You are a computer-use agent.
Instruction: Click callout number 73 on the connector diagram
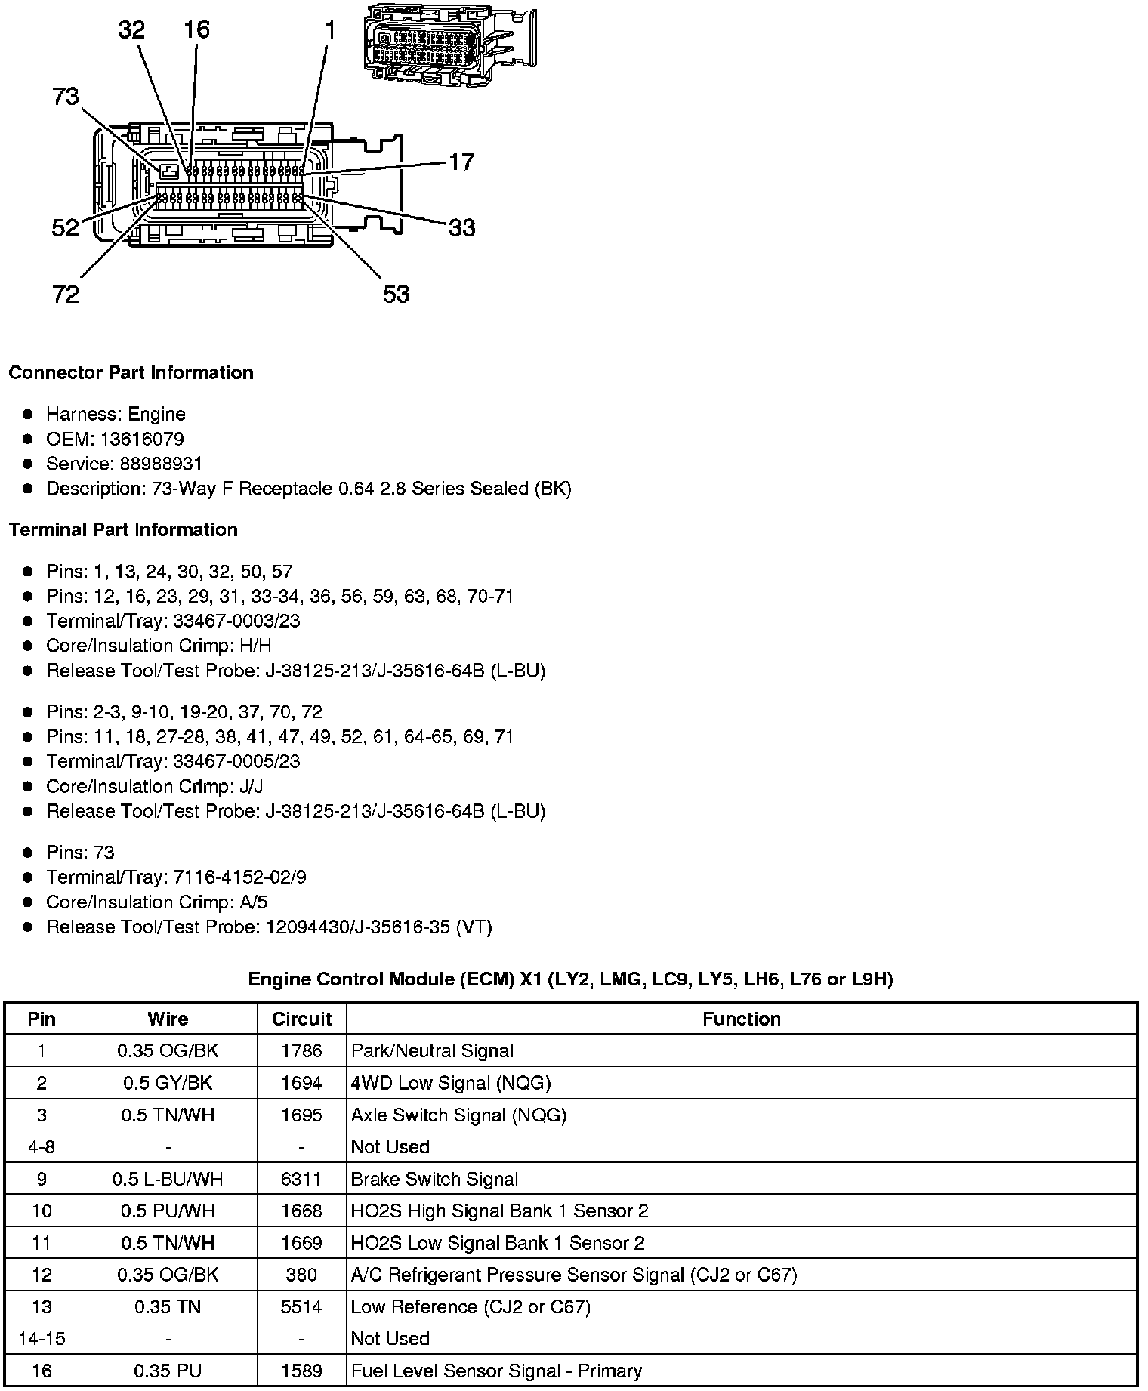[66, 97]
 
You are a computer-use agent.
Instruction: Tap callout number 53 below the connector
[396, 294]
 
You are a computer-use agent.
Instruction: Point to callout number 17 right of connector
[461, 162]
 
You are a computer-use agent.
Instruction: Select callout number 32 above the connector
[131, 30]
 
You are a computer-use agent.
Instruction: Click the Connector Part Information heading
[131, 373]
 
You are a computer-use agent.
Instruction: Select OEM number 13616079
[115, 439]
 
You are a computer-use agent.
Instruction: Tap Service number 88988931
[124, 464]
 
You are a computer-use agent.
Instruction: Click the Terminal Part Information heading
[123, 530]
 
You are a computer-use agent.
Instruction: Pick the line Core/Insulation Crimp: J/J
[154, 786]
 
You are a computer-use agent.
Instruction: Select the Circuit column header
[301, 1019]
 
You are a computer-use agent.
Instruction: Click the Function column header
[741, 1019]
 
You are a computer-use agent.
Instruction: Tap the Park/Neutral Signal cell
[432, 1050]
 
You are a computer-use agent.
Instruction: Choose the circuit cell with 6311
[301, 1179]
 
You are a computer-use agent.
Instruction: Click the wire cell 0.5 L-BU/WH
[168, 1179]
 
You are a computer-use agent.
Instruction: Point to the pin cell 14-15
[42, 1338]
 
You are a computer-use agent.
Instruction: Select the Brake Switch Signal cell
[434, 1179]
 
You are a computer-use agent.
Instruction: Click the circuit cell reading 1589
[301, 1371]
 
